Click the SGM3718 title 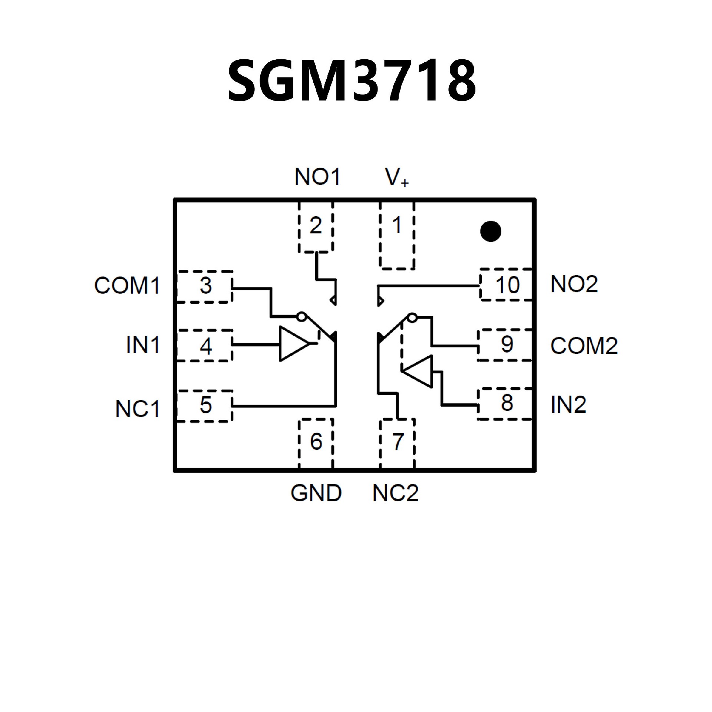click(x=352, y=80)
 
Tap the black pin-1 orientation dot click(x=490, y=231)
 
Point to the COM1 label click(x=127, y=286)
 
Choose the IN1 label click(x=143, y=345)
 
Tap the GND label click(x=316, y=493)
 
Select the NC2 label click(x=395, y=493)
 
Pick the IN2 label click(x=568, y=405)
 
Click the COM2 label click(x=584, y=346)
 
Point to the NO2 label click(x=574, y=284)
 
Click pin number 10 click(x=507, y=285)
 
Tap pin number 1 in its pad click(x=397, y=225)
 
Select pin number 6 click(x=316, y=441)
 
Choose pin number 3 click(x=206, y=286)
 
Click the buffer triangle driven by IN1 click(x=292, y=344)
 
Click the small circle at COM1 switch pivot click(x=301, y=317)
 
